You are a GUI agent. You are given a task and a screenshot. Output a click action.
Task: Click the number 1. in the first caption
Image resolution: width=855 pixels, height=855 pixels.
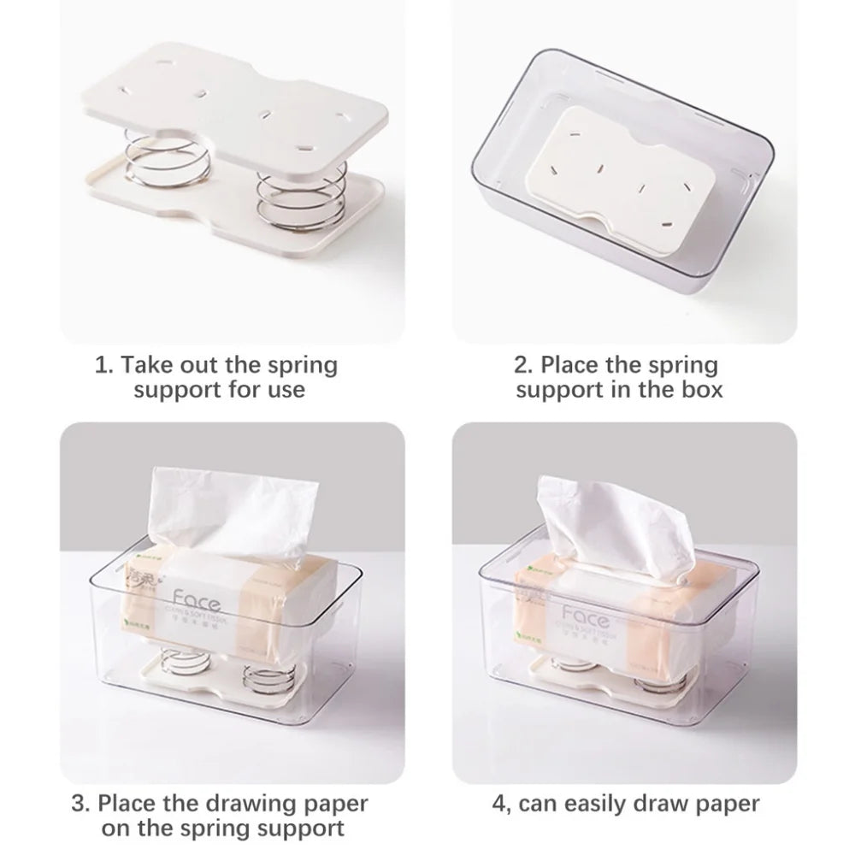tap(103, 366)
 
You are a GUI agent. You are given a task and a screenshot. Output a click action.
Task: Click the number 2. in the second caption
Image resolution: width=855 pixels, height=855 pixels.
tap(522, 366)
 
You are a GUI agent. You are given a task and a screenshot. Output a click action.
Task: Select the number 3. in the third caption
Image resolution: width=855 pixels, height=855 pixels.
tap(81, 804)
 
